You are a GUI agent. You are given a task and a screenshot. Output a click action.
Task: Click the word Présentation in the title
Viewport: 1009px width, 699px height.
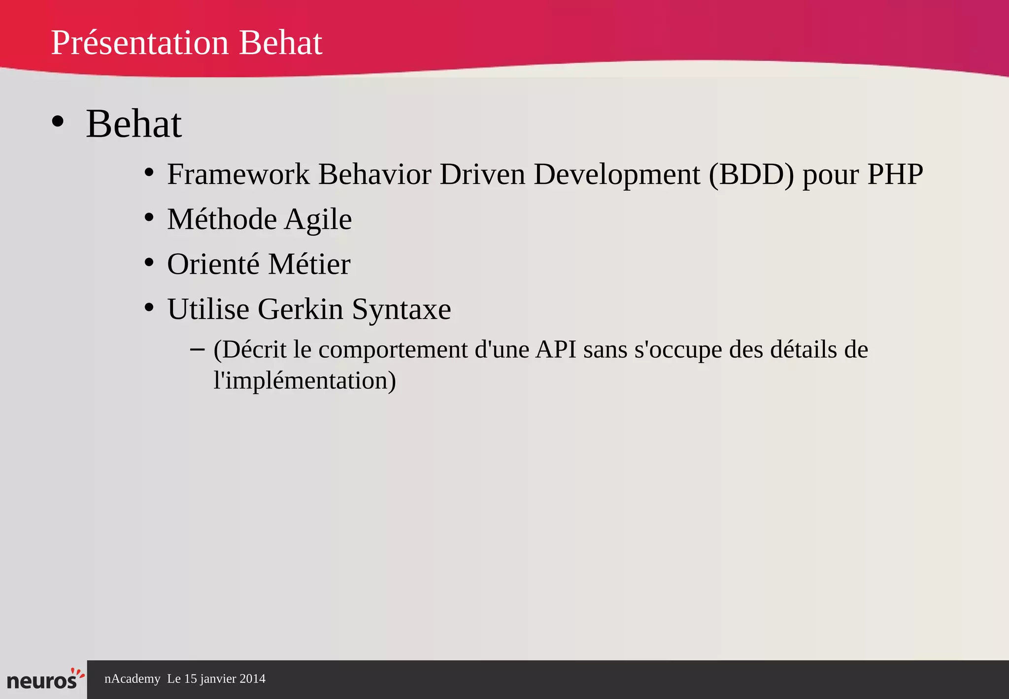click(x=140, y=43)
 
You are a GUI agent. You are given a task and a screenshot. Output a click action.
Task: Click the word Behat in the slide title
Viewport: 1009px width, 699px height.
click(x=280, y=43)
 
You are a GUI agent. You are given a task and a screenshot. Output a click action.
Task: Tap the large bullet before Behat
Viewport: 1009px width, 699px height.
click(x=58, y=122)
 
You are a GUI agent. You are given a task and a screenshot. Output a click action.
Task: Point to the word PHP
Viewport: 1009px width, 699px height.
click(x=895, y=175)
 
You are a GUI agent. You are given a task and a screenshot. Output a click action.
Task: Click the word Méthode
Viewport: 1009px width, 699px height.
click(x=222, y=219)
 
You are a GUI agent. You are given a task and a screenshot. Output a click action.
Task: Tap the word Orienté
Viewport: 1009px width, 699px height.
click(x=213, y=264)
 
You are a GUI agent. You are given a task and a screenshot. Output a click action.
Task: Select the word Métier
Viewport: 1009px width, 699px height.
click(x=309, y=264)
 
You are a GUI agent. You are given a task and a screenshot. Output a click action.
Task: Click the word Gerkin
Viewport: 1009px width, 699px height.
click(x=300, y=310)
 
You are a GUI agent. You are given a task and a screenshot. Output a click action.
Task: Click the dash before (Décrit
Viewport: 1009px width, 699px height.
click(x=197, y=349)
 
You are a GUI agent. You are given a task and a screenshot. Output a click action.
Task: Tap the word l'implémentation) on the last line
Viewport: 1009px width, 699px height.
click(x=304, y=381)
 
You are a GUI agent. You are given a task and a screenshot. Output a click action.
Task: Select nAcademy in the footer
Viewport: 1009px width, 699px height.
click(x=132, y=679)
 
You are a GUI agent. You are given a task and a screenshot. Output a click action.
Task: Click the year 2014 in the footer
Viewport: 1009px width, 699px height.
click(x=252, y=679)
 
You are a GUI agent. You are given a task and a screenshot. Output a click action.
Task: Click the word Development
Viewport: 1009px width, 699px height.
click(x=617, y=175)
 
